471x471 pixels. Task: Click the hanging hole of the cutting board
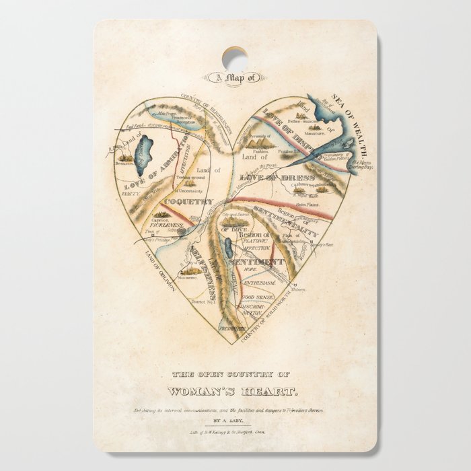[234, 57]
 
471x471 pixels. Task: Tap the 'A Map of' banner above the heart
[235, 77]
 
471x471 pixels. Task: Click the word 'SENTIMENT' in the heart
[256, 261]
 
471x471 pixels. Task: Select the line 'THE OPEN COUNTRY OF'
[235, 375]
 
